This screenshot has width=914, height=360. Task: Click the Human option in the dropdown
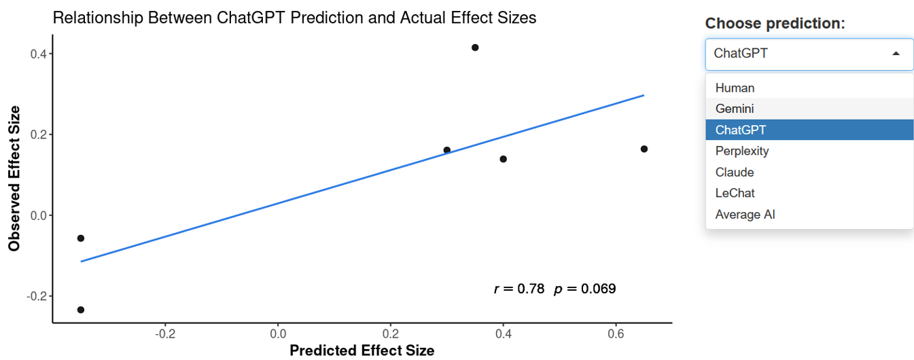pos(735,88)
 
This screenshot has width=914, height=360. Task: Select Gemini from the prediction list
pos(735,109)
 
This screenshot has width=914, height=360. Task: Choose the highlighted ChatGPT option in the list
pos(740,130)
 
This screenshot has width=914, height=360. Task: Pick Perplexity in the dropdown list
pos(742,151)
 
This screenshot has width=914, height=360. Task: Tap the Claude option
pos(735,172)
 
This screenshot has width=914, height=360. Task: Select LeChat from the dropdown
pos(735,193)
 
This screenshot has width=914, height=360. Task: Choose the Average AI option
pos(745,215)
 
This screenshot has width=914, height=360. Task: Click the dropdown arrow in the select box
pos(896,54)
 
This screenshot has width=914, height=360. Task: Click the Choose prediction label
pos(775,23)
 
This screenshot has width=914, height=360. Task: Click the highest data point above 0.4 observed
pos(475,48)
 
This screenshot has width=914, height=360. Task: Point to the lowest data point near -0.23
pos(81,310)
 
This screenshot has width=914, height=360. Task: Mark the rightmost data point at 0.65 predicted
pos(644,149)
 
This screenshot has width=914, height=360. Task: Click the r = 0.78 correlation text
pos(519,289)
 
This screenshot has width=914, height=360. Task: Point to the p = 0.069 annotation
pos(585,289)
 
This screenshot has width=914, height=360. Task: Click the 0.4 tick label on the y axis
pos(37,54)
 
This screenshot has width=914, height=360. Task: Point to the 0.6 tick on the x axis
pos(616,334)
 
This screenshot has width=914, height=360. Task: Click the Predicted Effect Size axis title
pos(362,350)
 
